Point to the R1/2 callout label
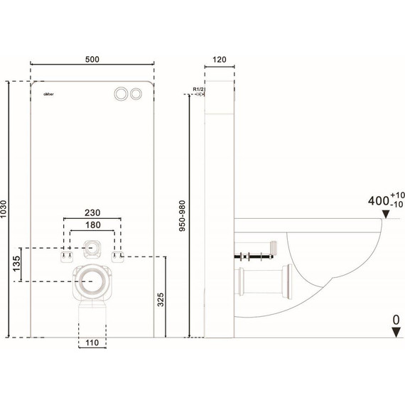[x=198, y=89]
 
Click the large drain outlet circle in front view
[x=90, y=281]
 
